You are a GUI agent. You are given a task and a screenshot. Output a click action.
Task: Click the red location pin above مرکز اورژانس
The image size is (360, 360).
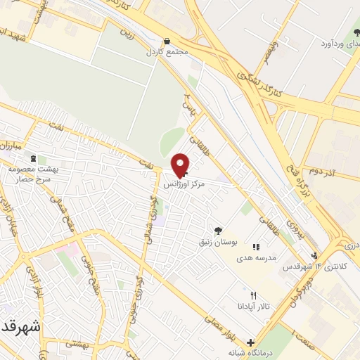pyautogui.click(x=181, y=165)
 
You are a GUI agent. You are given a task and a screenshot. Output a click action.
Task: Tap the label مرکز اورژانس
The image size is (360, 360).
pyautogui.click(x=185, y=185)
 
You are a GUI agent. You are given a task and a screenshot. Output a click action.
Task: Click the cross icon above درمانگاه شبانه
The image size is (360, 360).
pyautogui.click(x=250, y=342)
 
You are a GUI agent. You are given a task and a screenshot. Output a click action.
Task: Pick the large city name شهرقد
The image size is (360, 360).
pyautogui.click(x=17, y=328)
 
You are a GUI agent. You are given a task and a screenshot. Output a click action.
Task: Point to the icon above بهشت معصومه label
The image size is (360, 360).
pyautogui.click(x=42, y=160)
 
